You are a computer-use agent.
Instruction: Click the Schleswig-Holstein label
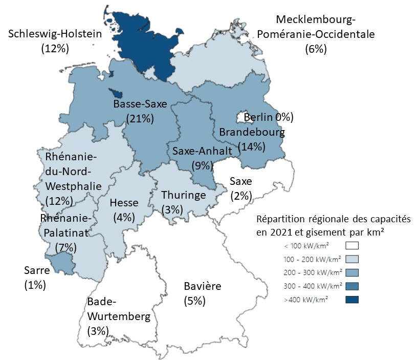[x=56, y=34]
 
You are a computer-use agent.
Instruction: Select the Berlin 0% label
[x=268, y=117]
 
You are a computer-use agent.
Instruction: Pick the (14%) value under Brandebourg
[x=252, y=146]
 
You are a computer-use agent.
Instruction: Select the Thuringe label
[x=183, y=195]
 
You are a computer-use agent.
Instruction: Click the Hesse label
[x=123, y=202]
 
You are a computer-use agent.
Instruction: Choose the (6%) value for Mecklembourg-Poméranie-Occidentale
[x=316, y=49]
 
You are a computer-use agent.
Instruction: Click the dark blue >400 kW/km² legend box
[x=352, y=300]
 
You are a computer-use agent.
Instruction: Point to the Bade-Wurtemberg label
[x=119, y=309]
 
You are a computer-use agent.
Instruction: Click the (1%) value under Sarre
[x=35, y=285]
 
